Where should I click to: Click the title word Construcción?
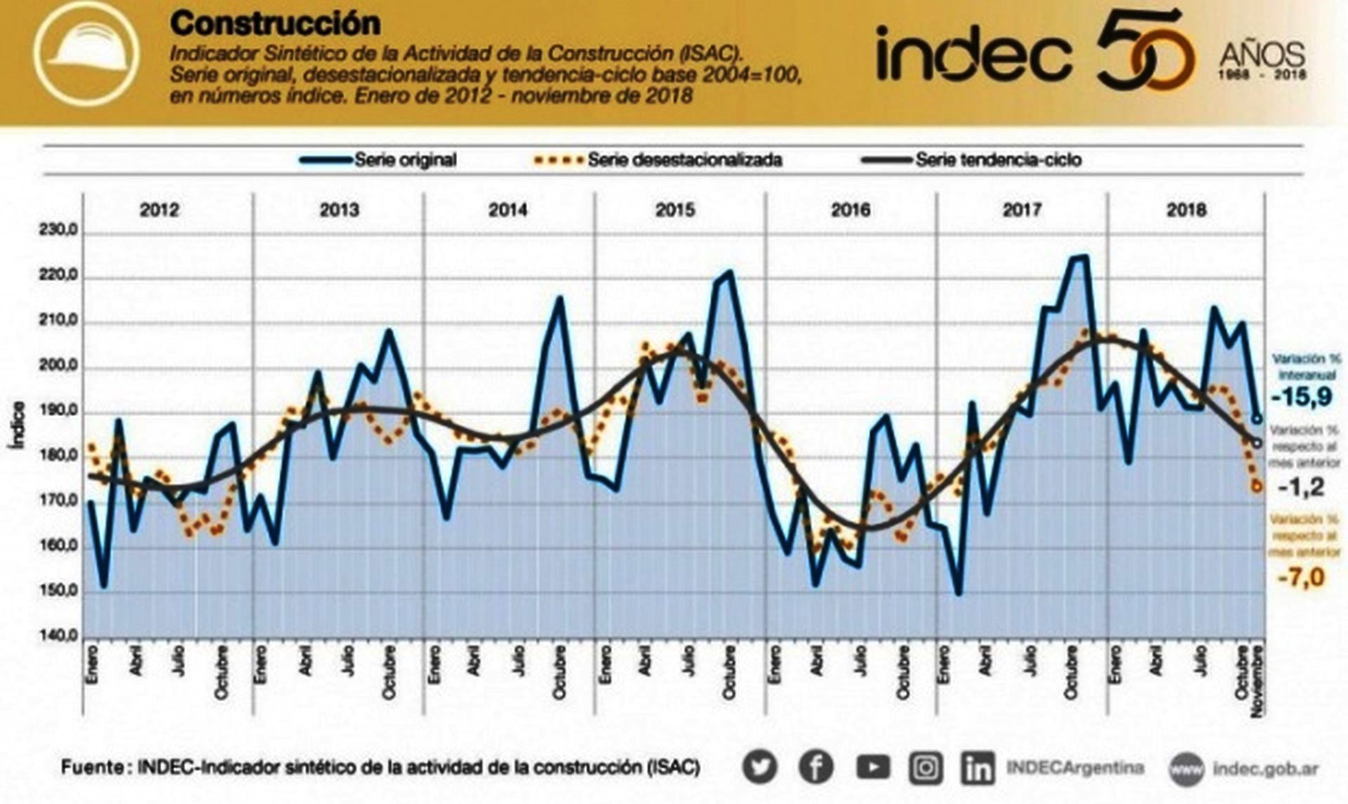point(275,24)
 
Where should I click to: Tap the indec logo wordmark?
point(974,53)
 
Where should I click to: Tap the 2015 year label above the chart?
point(675,210)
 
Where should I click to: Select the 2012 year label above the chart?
point(159,210)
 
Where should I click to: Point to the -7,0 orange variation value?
point(1301,578)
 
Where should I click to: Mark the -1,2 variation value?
point(1301,487)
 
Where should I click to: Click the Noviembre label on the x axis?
point(1257,681)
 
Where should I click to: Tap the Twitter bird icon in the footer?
point(760,768)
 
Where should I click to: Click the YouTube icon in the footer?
point(872,768)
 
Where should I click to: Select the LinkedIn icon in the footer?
point(977,768)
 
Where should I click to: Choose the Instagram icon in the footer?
point(926,768)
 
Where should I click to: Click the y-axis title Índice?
point(18,425)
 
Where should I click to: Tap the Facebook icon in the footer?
point(816,768)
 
